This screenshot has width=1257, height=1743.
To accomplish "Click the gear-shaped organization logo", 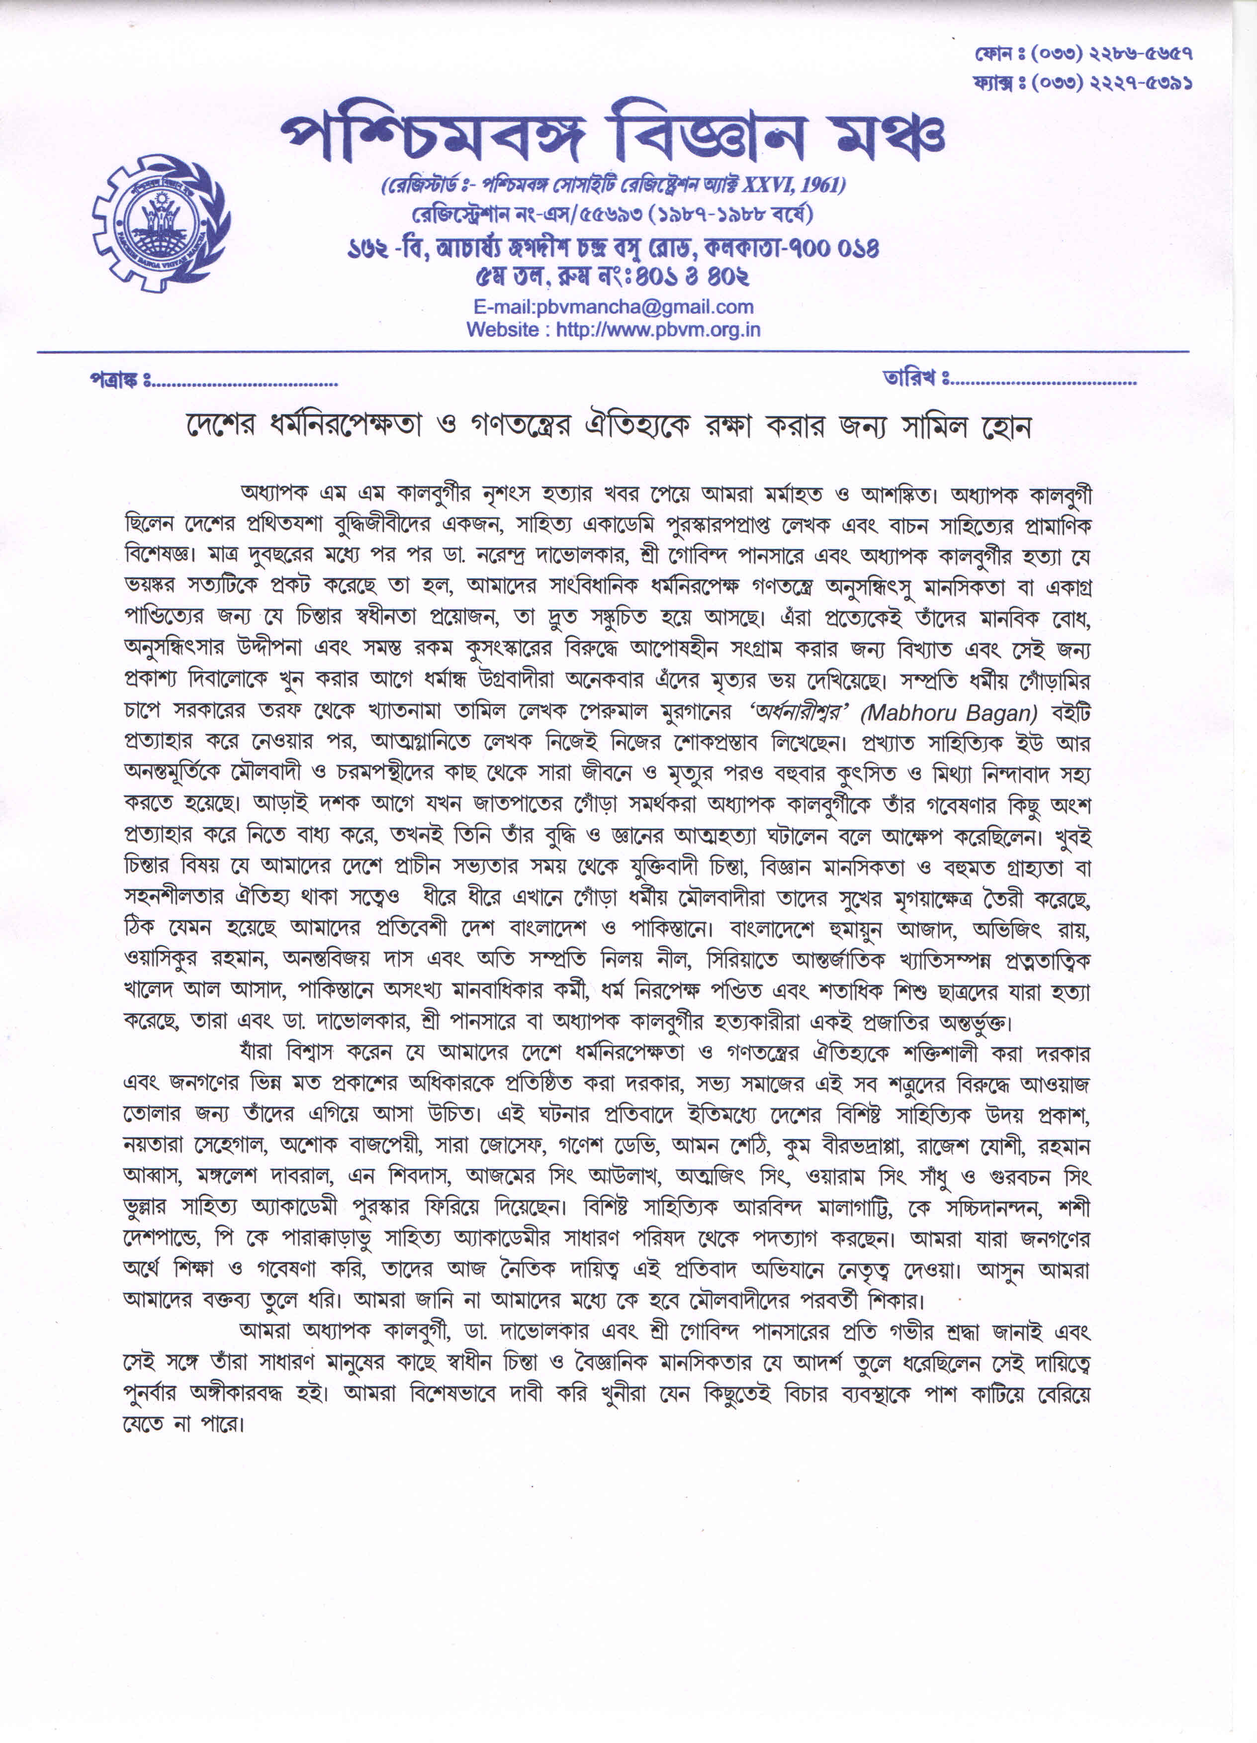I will [x=161, y=223].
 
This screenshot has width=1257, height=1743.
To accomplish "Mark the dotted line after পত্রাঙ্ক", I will [x=245, y=382].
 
